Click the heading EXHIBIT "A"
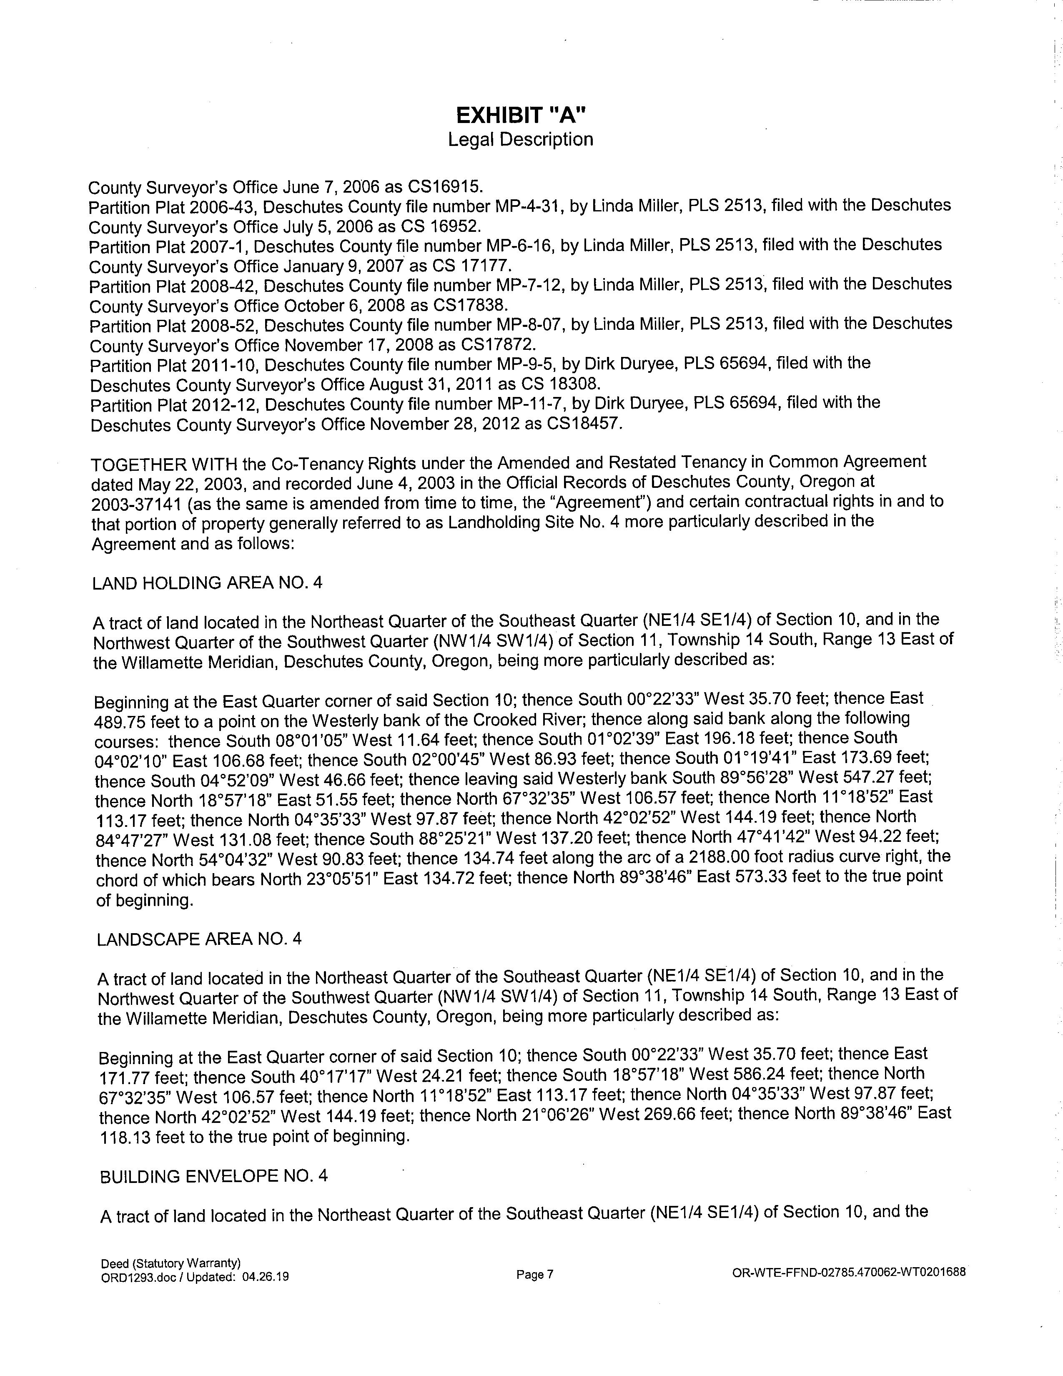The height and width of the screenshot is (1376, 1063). point(521,116)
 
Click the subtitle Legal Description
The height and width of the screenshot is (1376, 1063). point(520,139)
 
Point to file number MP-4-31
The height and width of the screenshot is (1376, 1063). point(524,207)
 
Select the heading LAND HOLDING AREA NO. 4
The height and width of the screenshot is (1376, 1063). point(207,583)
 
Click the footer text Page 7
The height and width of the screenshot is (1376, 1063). point(535,1275)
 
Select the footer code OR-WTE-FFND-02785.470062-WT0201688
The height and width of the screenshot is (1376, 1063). point(849,1271)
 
